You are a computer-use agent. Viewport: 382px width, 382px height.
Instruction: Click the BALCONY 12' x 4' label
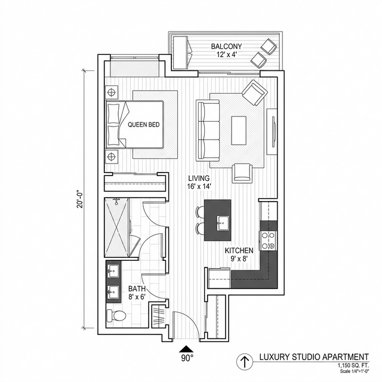click(226, 50)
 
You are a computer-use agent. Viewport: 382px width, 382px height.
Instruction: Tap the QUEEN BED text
click(143, 125)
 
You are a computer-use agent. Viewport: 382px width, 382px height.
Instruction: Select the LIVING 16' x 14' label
click(199, 182)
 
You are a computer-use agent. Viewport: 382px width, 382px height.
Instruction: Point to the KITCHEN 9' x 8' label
click(239, 255)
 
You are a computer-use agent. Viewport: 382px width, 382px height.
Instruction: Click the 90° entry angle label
click(187, 359)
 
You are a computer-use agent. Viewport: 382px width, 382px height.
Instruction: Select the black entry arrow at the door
click(187, 348)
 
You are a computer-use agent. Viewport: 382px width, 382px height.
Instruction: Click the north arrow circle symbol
click(244, 361)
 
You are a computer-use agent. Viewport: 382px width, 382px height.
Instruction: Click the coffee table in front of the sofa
click(239, 129)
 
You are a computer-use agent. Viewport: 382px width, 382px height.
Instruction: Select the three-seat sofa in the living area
click(207, 129)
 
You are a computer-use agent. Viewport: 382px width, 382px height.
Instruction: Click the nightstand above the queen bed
click(112, 93)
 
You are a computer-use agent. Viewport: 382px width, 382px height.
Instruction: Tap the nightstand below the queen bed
click(112, 157)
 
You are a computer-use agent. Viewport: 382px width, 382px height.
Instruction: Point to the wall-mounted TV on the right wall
click(273, 128)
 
